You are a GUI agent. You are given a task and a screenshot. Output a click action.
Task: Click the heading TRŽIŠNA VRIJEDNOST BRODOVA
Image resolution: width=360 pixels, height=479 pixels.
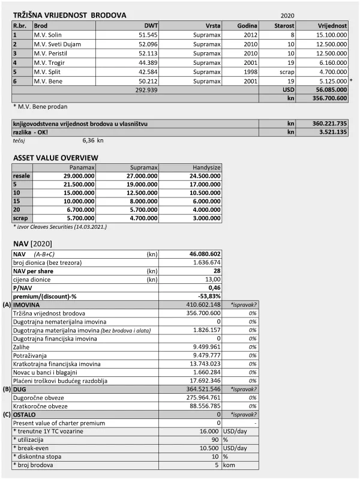[70, 14]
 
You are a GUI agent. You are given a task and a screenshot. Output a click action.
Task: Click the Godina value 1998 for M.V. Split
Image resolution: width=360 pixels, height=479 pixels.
[250, 71]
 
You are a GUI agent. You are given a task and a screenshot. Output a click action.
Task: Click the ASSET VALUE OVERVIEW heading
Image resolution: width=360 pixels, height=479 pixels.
[56, 158]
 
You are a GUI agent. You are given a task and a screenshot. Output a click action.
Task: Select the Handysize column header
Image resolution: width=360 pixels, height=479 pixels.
[206, 167]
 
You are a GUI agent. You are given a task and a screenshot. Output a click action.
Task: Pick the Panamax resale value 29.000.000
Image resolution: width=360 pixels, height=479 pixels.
[76, 176]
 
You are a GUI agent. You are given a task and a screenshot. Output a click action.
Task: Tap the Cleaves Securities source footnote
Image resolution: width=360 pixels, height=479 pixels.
[59, 226]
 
